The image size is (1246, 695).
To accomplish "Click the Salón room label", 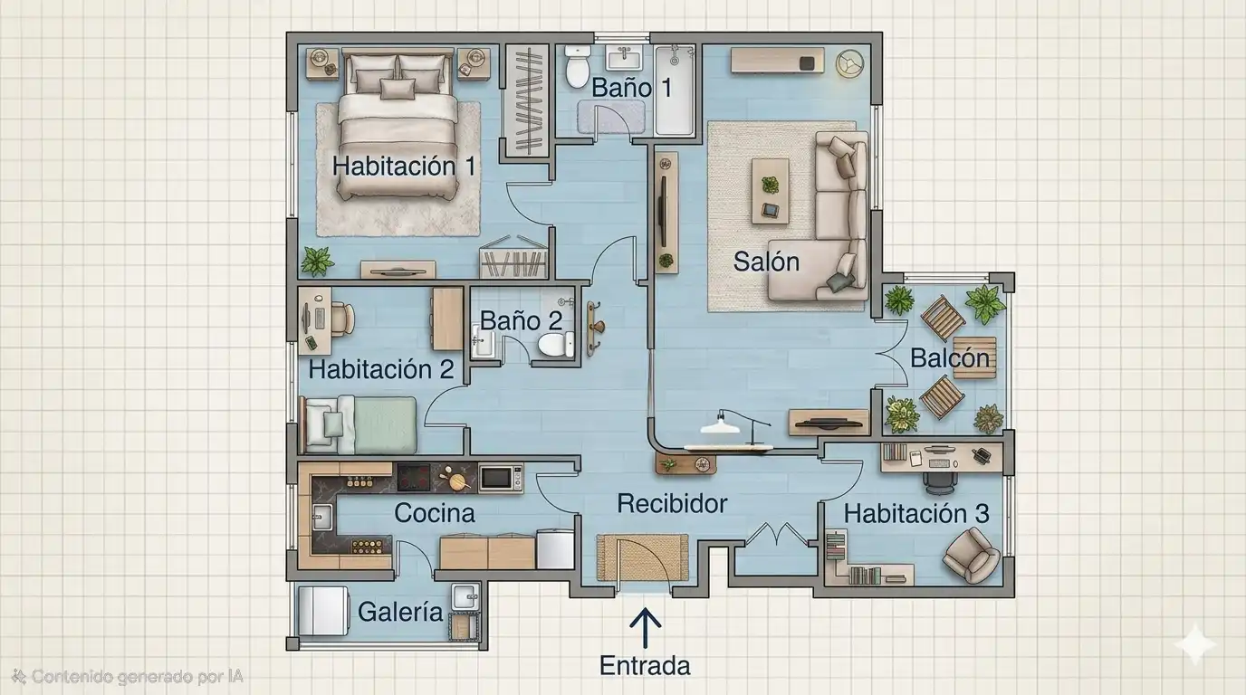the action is coord(766,262).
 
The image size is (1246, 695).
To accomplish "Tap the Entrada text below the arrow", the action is coord(645,665).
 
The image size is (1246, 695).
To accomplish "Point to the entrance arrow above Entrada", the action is coord(646,628).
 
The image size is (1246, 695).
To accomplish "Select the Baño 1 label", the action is coord(631,87).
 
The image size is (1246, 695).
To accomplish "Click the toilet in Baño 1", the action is coord(578,67).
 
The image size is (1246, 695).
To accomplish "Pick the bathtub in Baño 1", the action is coord(675,90).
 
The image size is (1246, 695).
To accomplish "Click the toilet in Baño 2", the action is coord(555,345).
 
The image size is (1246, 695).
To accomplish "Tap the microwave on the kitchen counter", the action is coord(501,478).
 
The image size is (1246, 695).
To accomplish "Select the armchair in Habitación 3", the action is coord(972,555).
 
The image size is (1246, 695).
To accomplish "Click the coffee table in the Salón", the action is coord(771,191).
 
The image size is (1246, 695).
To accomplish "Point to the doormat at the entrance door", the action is coord(643,557).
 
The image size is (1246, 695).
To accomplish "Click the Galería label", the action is coord(400,612).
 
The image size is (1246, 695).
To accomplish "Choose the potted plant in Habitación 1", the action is coord(317,262).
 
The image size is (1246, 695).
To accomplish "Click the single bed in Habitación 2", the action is coord(359,424).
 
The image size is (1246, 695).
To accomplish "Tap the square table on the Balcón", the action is coord(974,357).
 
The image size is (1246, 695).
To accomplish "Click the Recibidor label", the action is coord(672,504).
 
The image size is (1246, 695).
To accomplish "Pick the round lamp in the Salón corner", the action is coord(850,62).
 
